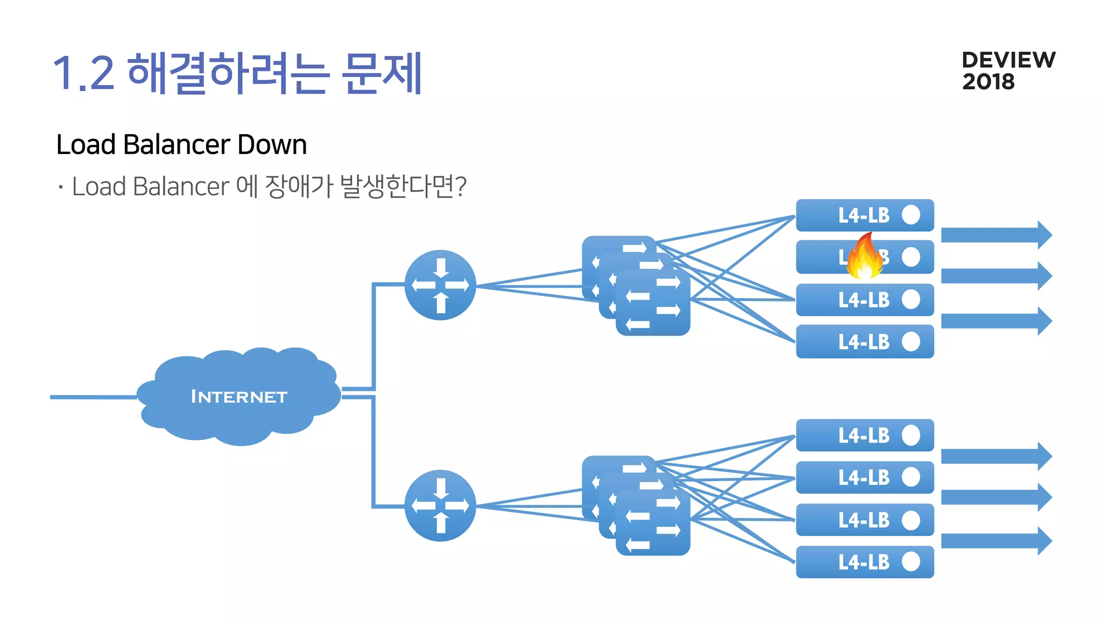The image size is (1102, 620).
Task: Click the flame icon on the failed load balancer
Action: pos(864,257)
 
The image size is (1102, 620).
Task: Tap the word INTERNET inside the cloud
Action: pos(239,397)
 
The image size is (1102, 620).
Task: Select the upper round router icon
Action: pos(440,285)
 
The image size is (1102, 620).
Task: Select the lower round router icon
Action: pos(440,505)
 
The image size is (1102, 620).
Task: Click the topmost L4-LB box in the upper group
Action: pos(864,215)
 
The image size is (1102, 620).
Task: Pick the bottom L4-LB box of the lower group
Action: pos(864,562)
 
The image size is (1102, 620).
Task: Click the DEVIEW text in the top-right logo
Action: pos(1008,60)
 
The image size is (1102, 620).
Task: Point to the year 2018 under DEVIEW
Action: pos(988,82)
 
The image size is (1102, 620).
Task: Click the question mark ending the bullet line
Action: pos(460,186)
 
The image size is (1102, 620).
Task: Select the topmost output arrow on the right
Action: pos(995,235)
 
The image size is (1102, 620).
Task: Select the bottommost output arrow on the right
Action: pos(995,541)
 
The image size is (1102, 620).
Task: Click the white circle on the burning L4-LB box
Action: pos(911,257)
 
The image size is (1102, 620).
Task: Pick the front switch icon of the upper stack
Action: pos(653,303)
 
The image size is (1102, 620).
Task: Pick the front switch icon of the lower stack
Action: pos(653,523)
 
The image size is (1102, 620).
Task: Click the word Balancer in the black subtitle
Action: pos(176,144)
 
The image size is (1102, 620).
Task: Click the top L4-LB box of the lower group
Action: pos(864,435)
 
